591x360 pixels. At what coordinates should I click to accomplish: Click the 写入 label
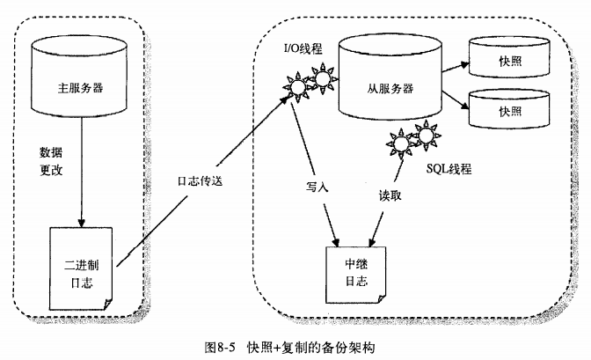pos(317,187)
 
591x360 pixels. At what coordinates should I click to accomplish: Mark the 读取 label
pos(390,195)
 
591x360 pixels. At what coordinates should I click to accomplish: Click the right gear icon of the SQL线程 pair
pos(426,138)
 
